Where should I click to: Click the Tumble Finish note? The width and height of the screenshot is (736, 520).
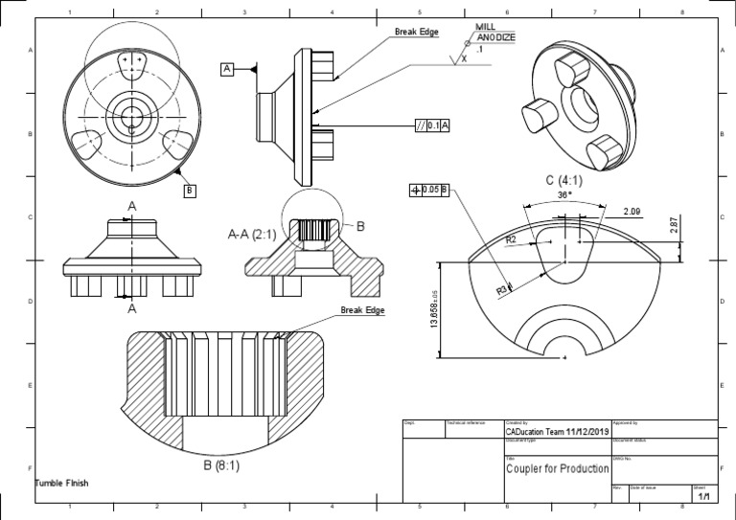[61, 483]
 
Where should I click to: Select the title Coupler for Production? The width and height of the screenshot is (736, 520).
[557, 468]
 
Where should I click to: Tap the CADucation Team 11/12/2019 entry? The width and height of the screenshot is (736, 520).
[556, 432]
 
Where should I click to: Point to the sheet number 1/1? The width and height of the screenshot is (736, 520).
[704, 496]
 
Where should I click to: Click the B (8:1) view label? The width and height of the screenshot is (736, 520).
[220, 465]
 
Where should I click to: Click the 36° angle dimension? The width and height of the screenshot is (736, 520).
[564, 193]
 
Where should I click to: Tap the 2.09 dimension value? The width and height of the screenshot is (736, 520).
[632, 211]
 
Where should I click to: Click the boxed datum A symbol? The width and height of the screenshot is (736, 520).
[227, 69]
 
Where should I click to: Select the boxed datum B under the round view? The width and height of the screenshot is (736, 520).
[190, 190]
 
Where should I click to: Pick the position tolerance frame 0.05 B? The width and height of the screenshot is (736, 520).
[429, 190]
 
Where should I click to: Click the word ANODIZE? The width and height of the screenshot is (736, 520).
[496, 37]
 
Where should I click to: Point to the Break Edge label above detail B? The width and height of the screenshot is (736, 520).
[362, 310]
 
